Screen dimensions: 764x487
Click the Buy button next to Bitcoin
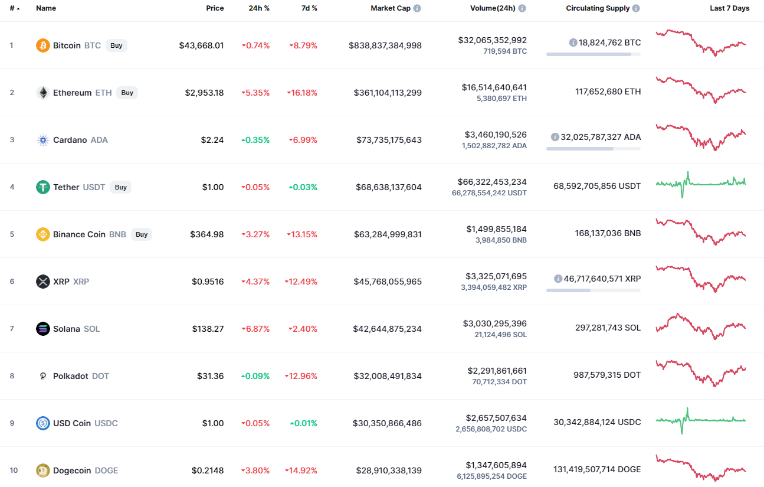pos(116,45)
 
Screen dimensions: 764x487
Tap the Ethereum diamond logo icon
pos(43,93)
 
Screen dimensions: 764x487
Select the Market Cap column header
pos(391,8)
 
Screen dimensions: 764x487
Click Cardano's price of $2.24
pos(212,140)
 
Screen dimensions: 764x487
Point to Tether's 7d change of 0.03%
pos(303,187)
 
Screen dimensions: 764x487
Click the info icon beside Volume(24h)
pos(522,8)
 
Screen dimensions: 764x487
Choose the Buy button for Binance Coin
pos(142,234)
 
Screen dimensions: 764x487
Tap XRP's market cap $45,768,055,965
pos(388,282)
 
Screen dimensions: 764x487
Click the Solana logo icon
pos(43,329)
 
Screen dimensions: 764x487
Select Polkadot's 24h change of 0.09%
pos(255,376)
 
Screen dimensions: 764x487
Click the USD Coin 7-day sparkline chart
pos(700,420)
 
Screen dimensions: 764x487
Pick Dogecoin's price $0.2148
pos(208,470)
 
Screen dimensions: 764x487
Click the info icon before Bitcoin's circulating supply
pos(573,43)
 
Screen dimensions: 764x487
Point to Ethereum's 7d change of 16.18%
pos(302,93)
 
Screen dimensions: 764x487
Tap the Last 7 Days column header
pos(730,8)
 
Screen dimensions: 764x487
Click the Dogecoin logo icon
pos(43,470)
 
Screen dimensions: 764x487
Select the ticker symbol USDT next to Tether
pos(94,187)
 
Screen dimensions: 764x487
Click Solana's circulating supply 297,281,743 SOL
pos(608,328)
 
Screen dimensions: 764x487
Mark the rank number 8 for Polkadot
pos(12,376)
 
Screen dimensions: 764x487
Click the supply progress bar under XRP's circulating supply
pos(593,290)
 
